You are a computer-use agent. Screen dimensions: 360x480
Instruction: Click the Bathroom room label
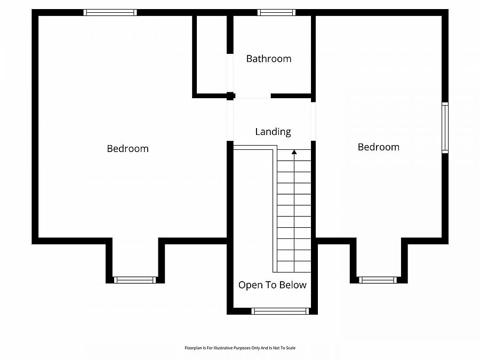(269, 59)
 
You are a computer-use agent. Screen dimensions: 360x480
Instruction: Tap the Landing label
(273, 131)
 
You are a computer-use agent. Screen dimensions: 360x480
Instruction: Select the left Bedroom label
(127, 148)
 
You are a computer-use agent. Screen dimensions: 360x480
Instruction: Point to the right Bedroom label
(378, 147)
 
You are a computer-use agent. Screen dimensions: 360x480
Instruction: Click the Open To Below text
(272, 285)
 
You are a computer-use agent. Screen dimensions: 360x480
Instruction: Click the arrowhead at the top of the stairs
(294, 152)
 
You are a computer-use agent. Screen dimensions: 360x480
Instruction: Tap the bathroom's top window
(276, 12)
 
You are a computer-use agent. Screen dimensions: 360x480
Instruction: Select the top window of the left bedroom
(110, 12)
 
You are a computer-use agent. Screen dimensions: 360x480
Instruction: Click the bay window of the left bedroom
(135, 279)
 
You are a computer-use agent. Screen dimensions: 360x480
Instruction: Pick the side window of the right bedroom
(445, 128)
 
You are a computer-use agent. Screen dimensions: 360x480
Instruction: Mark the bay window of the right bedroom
(378, 279)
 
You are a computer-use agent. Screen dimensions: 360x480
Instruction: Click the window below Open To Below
(280, 311)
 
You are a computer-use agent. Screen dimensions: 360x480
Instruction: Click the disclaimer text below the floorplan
(239, 348)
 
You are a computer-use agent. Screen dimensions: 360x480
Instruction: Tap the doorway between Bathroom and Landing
(252, 97)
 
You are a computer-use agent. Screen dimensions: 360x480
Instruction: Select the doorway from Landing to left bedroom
(230, 120)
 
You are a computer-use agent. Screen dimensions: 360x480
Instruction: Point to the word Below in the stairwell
(294, 285)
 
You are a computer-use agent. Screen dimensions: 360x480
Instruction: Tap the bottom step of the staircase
(294, 267)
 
